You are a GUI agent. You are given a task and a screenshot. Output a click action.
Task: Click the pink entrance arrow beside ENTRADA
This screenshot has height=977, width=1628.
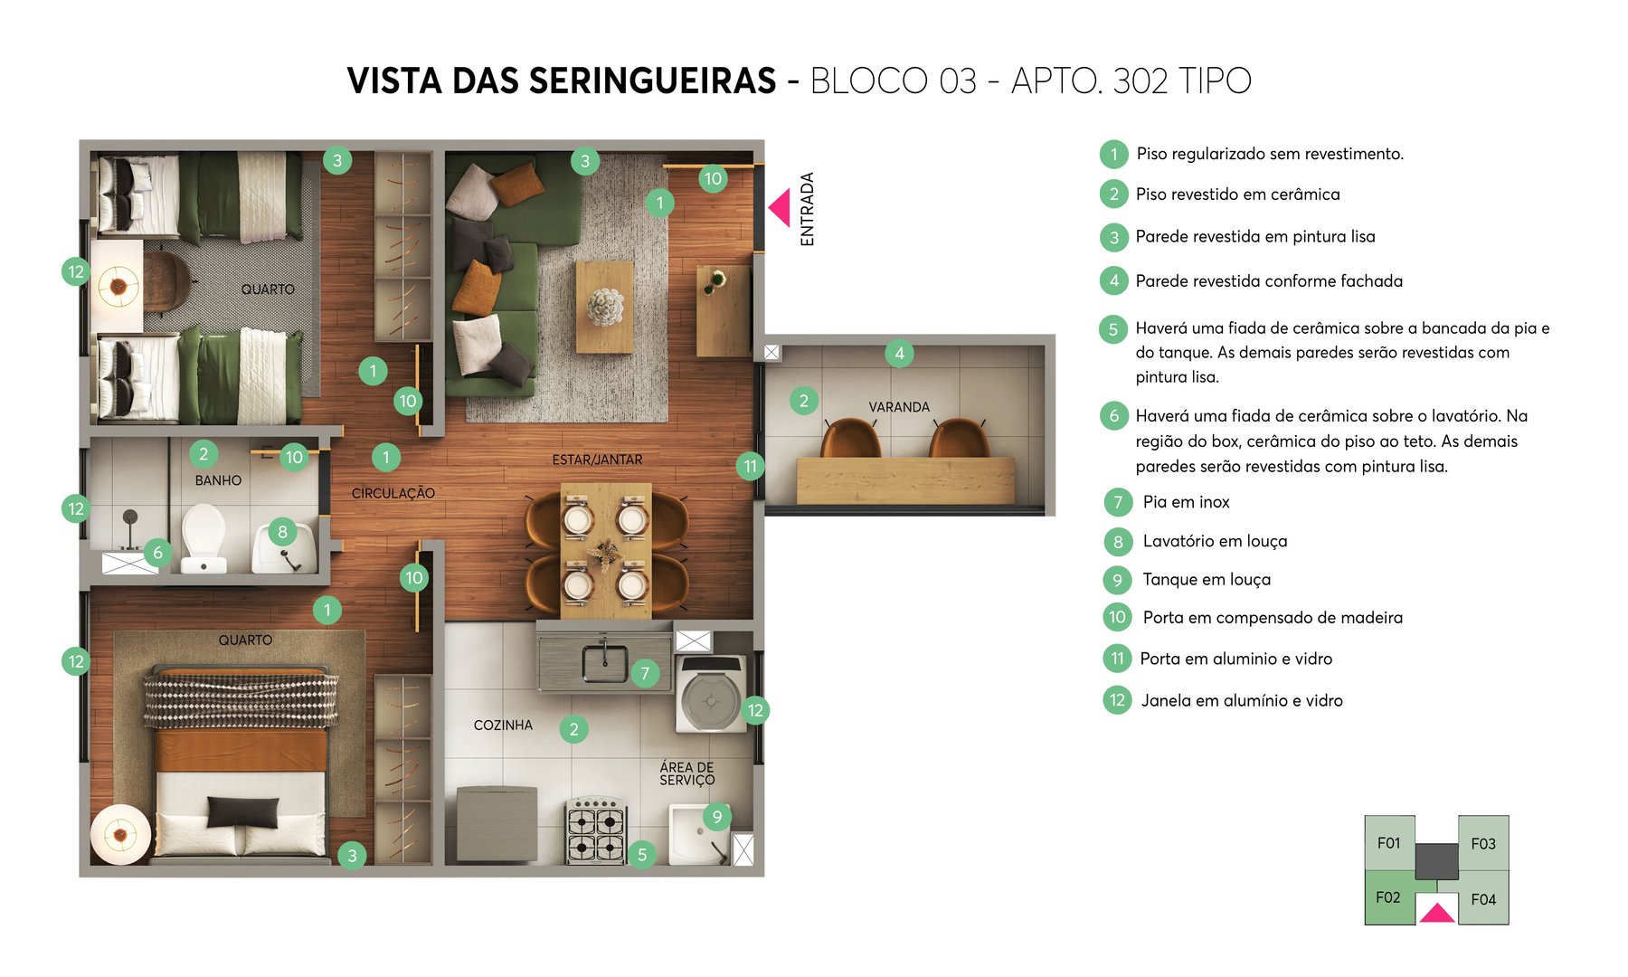tap(781, 207)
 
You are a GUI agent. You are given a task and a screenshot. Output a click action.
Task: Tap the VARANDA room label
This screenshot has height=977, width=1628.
tap(899, 407)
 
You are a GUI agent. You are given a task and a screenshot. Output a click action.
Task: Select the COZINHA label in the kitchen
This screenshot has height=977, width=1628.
tap(503, 726)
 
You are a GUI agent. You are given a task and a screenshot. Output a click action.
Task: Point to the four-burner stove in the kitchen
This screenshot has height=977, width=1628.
tap(596, 830)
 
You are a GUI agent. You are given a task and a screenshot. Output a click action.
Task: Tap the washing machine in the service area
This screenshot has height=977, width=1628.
tap(711, 694)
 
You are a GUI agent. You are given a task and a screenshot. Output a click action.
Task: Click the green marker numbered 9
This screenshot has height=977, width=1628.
tap(717, 817)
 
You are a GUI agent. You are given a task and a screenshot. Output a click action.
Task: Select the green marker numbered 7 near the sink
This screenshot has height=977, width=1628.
tap(645, 673)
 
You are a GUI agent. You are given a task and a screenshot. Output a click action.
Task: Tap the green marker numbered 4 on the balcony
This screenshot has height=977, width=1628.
tap(899, 353)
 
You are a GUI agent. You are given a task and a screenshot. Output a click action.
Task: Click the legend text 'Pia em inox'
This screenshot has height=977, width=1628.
tap(1186, 502)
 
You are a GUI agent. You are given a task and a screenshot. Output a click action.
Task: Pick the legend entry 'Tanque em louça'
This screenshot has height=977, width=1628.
tap(1207, 580)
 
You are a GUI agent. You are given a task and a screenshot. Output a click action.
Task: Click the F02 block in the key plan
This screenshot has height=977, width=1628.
tap(1388, 897)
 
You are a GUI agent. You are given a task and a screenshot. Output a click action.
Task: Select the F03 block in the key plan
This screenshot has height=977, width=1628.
tap(1483, 843)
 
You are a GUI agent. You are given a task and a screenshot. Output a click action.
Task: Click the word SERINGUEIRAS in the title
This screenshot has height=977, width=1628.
tap(652, 81)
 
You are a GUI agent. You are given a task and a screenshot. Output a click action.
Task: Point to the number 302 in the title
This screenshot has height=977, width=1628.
tap(1141, 81)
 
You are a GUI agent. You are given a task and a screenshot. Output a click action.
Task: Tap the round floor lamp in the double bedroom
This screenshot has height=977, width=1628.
tap(119, 834)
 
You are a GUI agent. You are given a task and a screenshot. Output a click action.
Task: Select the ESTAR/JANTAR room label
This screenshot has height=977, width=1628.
tap(597, 460)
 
